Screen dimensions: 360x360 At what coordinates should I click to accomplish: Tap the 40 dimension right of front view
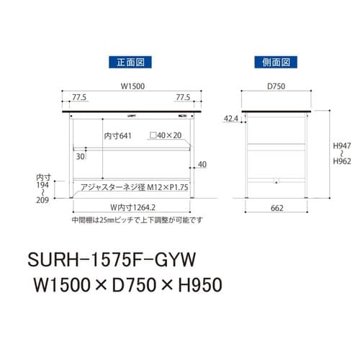pyautogui.click(x=202, y=164)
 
